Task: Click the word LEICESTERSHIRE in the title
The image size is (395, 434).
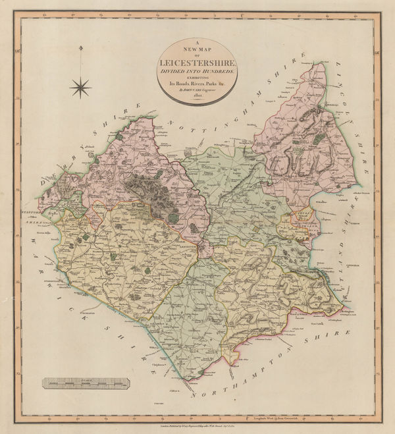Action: [x=197, y=63]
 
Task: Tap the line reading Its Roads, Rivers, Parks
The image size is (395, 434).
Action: [x=197, y=84]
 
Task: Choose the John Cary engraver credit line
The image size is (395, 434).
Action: [x=197, y=90]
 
